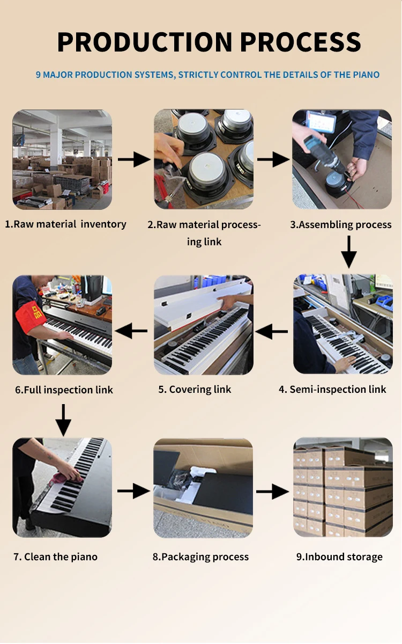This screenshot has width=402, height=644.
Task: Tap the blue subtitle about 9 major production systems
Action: [207, 75]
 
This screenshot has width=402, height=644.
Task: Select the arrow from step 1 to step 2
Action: [133, 159]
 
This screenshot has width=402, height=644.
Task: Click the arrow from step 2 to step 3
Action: [273, 159]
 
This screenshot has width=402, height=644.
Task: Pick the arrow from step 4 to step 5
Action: [272, 332]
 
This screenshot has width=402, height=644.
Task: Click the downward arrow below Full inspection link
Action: [63, 420]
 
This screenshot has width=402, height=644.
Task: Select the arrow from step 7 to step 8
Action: [133, 491]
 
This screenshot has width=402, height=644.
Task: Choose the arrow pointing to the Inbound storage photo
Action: [272, 491]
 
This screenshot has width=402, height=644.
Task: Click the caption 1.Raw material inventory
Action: [65, 224]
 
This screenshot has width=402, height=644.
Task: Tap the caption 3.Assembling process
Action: [341, 225]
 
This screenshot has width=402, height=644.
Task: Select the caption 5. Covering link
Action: [195, 390]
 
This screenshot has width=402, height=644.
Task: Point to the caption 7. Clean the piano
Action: [56, 557]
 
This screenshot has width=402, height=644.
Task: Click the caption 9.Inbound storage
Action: [339, 557]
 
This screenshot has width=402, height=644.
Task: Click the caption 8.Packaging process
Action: [201, 557]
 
